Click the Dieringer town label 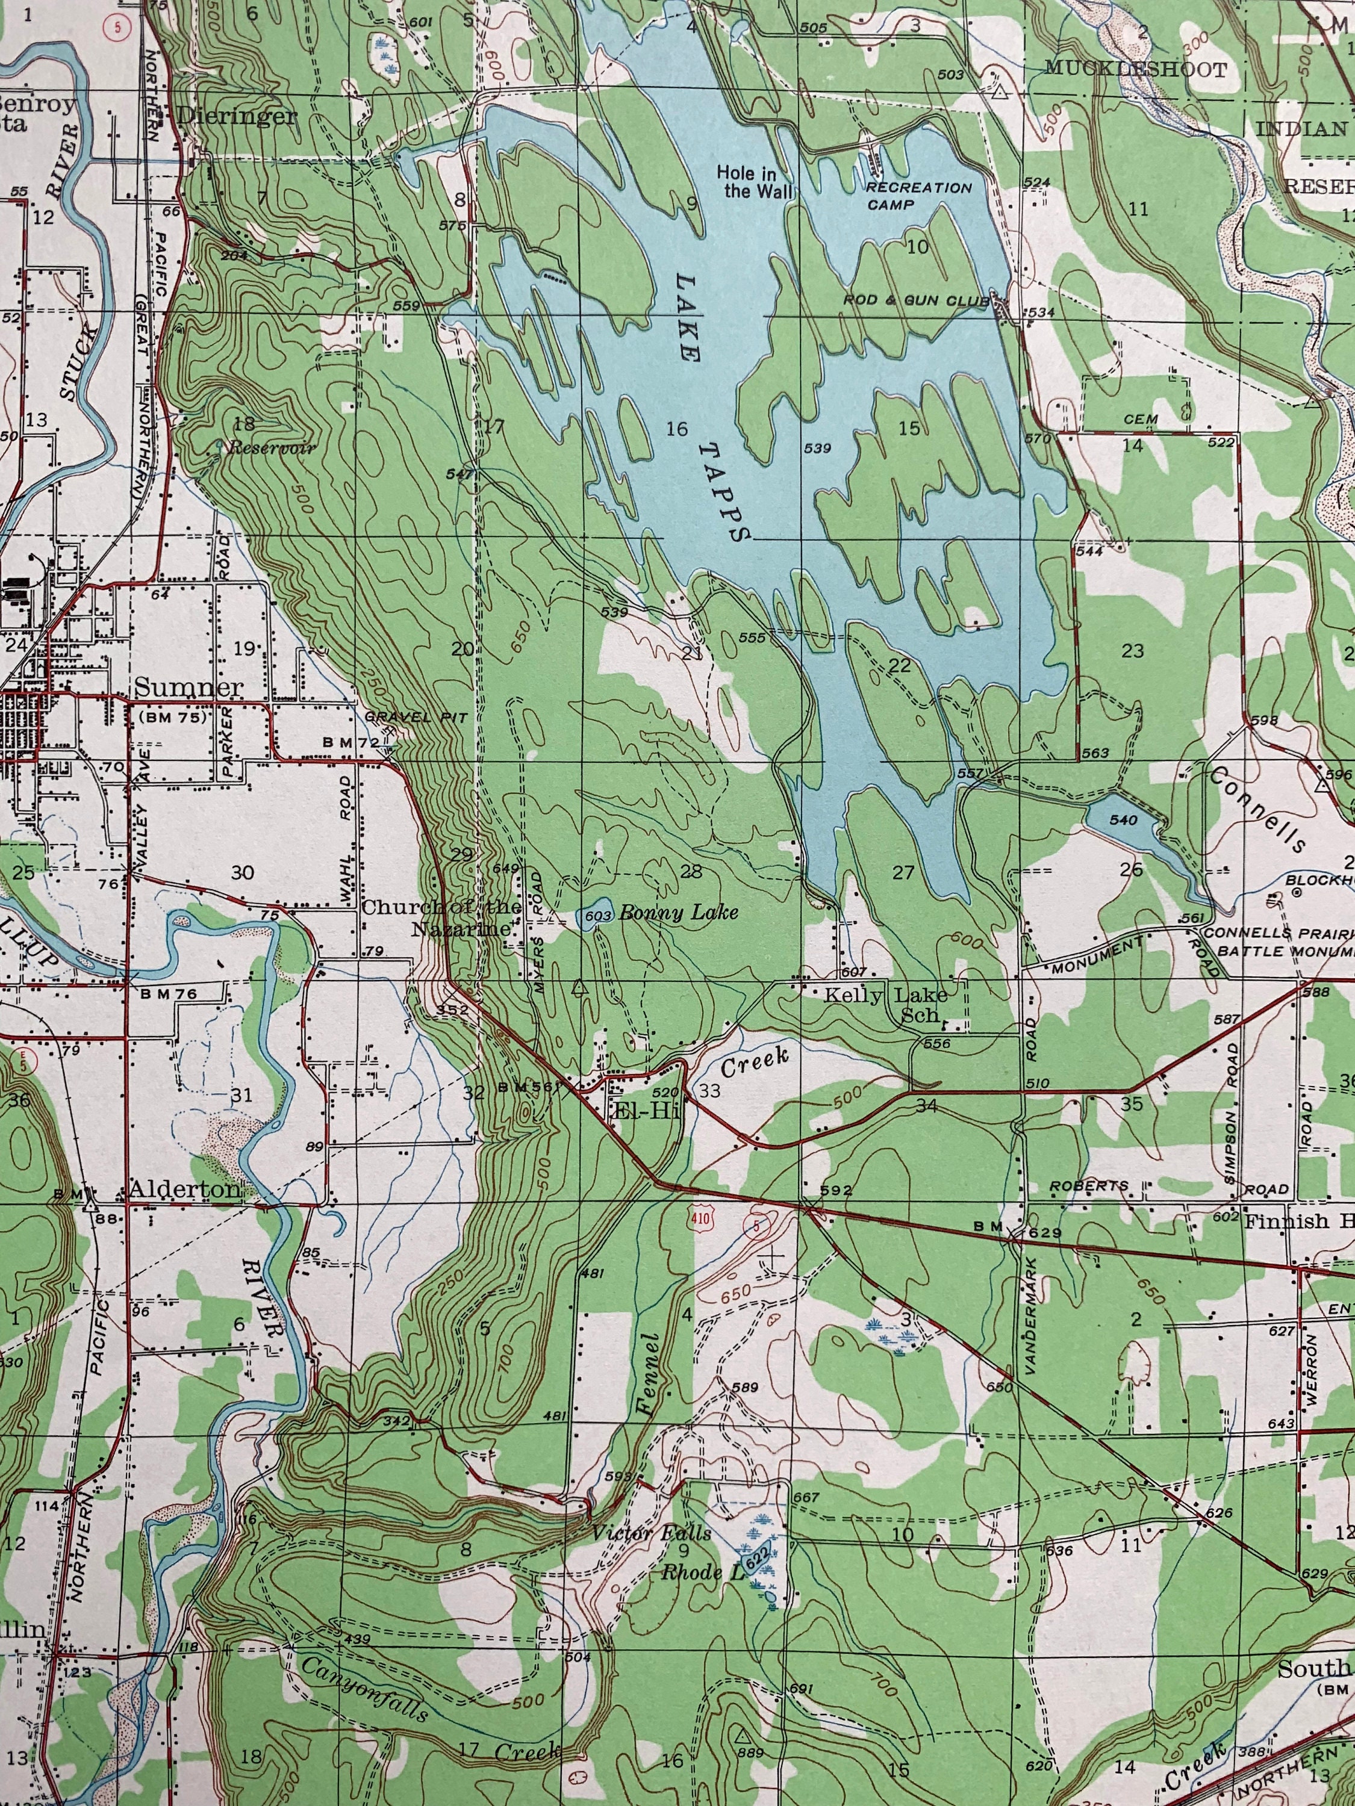[236, 116]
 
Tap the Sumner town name [188, 687]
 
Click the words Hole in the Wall [747, 182]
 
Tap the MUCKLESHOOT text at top [1135, 69]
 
